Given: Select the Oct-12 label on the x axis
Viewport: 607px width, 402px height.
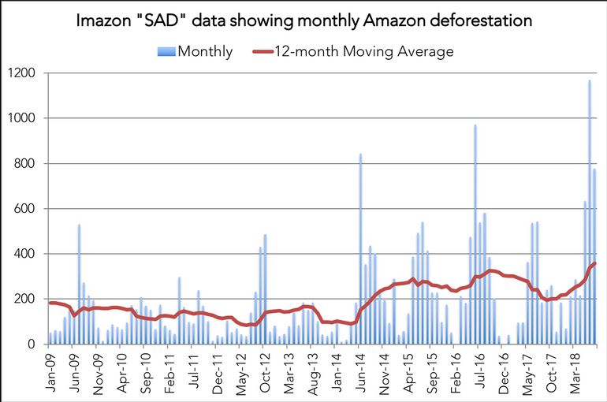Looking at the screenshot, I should (x=265, y=370).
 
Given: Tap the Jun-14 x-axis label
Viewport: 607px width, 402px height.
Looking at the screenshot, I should (x=360, y=370).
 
